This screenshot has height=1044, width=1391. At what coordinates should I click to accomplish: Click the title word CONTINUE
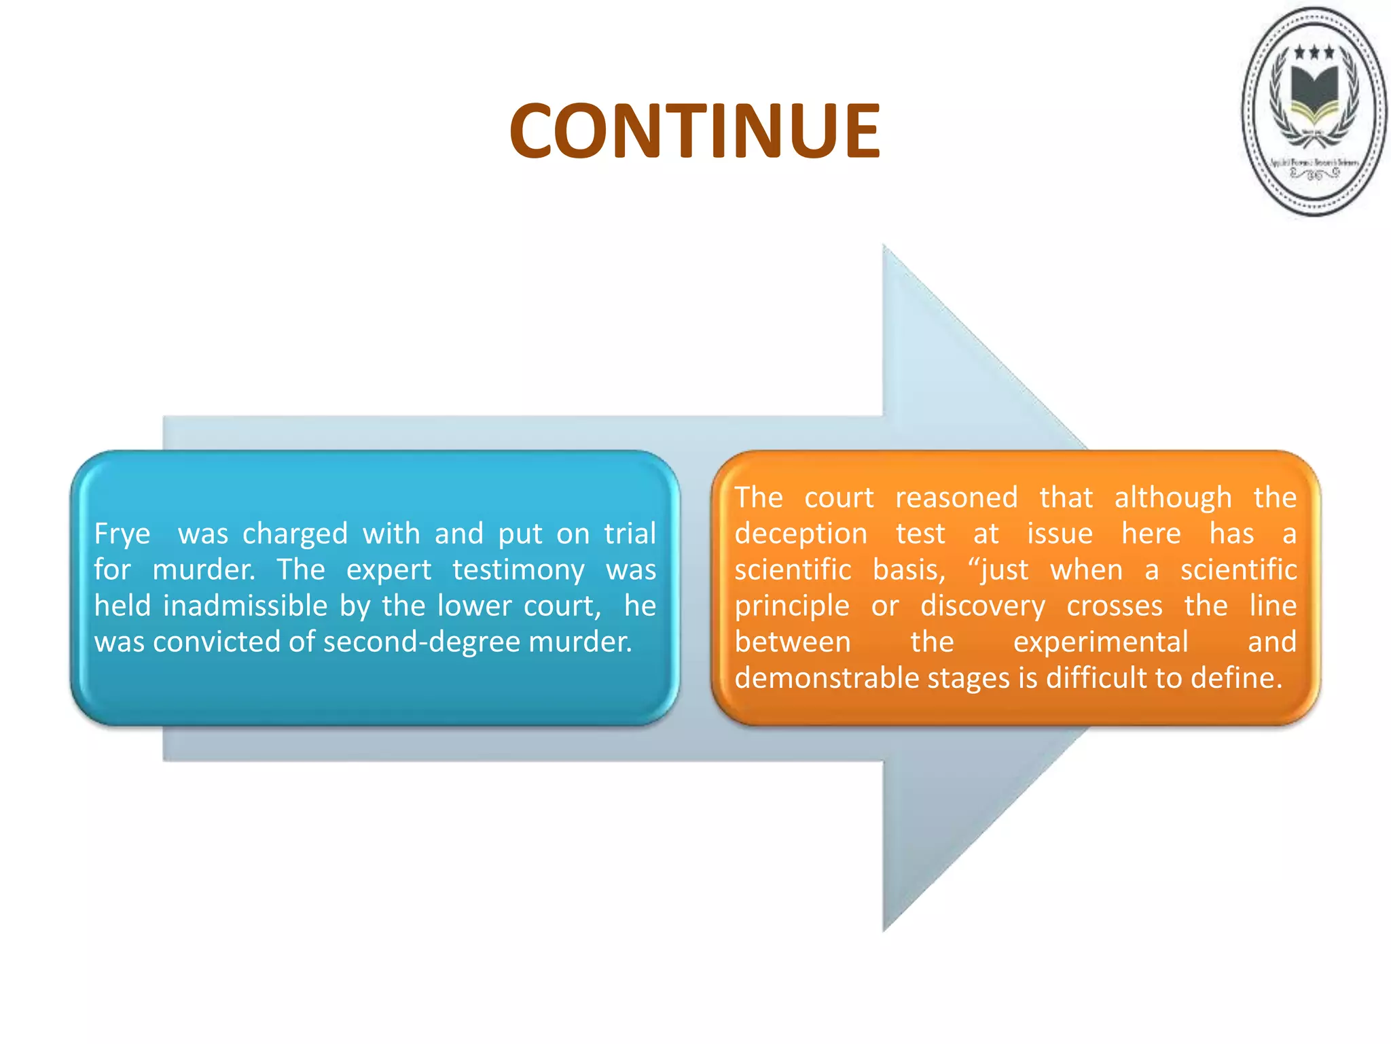tap(695, 130)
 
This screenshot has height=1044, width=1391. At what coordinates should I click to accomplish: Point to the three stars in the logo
tap(1314, 52)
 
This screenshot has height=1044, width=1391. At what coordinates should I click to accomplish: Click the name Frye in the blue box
tap(122, 534)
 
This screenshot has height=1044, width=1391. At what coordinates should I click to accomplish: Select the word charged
tap(295, 534)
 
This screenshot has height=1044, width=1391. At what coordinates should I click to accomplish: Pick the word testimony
tap(518, 570)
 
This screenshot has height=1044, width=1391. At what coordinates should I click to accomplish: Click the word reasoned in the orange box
tap(956, 498)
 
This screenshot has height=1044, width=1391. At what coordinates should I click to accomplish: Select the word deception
tap(801, 534)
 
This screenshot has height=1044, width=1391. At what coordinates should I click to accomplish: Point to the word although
tap(1173, 498)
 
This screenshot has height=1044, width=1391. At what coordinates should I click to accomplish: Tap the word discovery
tap(983, 606)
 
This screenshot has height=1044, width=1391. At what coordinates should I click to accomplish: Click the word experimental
tap(1100, 642)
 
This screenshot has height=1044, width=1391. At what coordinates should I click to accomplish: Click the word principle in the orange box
tap(792, 606)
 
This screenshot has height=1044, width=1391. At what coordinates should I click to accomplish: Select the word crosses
tap(1115, 606)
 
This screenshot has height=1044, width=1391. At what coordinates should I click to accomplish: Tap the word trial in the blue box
tap(630, 534)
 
